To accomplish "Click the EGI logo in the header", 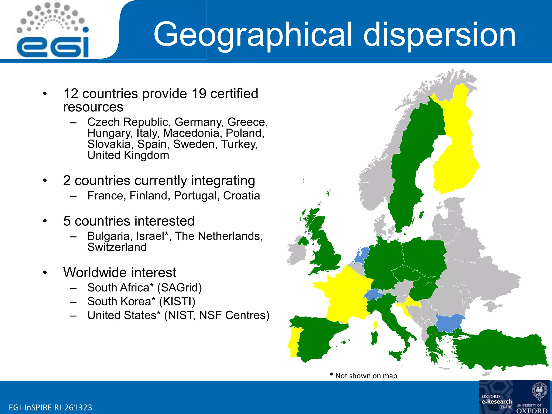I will [x=53, y=31].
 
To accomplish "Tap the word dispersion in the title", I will [x=439, y=34].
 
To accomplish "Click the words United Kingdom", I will [x=128, y=155].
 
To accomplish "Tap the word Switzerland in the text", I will [x=117, y=247].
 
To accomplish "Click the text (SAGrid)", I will [x=180, y=288].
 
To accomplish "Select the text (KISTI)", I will [x=177, y=301].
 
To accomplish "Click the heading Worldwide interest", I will [x=120, y=272].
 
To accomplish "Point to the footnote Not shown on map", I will [x=366, y=376].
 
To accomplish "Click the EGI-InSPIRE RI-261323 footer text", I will [x=50, y=407].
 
